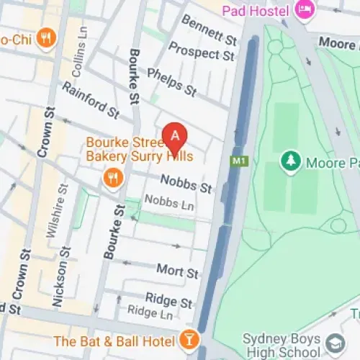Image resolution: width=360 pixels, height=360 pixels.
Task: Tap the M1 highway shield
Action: tap(240, 161)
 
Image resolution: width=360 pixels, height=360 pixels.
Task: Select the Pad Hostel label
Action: tap(255, 10)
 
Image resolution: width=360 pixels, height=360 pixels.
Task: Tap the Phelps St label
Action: tap(171, 83)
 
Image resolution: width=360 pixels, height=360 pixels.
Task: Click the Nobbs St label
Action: tap(186, 184)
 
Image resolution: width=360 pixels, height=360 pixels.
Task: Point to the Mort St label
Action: tap(177, 271)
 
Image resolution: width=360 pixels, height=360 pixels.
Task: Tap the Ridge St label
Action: tap(168, 299)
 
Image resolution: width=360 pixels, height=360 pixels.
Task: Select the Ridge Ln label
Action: tap(150, 313)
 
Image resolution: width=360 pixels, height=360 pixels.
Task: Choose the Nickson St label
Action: tap(63, 279)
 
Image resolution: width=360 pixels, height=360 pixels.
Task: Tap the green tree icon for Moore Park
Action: tap(290, 161)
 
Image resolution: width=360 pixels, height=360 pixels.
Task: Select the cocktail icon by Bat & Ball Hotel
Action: tap(189, 338)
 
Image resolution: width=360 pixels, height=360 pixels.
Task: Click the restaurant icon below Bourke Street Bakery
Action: tap(112, 177)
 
